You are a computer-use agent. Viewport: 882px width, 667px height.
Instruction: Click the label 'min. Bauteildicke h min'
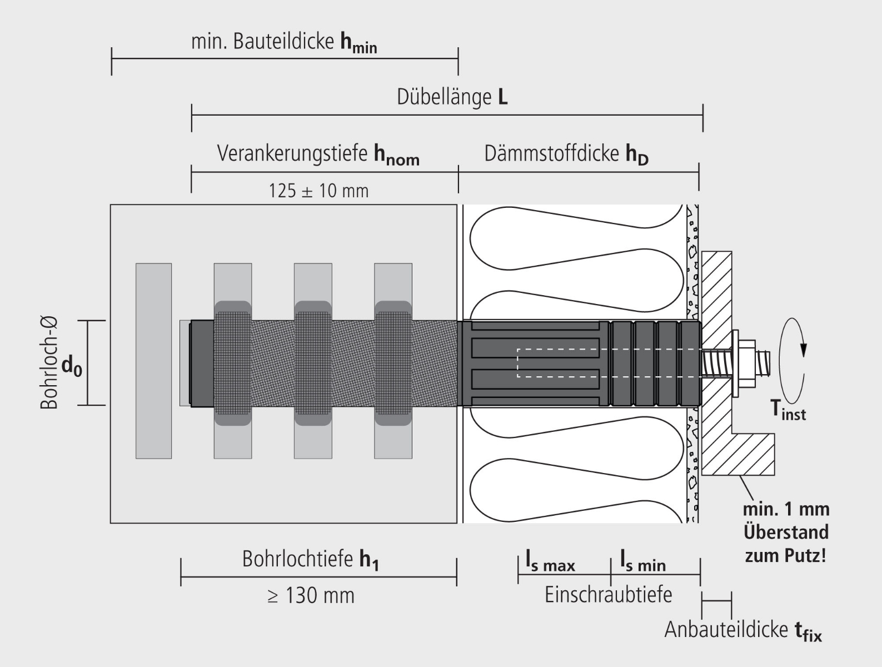284,42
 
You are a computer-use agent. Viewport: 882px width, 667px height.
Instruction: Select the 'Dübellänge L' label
452,97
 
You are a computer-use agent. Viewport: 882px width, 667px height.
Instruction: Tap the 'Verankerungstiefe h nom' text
318,154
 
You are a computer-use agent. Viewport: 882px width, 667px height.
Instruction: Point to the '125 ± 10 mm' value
318,191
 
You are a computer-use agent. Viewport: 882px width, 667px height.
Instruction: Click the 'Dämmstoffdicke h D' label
566,154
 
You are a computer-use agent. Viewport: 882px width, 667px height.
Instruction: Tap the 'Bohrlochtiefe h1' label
310,559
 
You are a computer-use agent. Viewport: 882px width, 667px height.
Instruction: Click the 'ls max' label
550,561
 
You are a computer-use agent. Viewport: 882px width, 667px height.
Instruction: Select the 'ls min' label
642,561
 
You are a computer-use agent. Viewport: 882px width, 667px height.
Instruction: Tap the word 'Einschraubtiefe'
608,595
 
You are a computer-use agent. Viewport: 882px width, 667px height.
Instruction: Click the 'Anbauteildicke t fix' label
743,630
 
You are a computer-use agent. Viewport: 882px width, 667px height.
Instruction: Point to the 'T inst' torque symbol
788,410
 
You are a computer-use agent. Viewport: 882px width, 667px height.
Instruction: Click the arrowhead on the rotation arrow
803,349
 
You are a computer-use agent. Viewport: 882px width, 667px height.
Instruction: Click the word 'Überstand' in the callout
785,532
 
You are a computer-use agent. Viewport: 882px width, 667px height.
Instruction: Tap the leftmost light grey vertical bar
153,361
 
